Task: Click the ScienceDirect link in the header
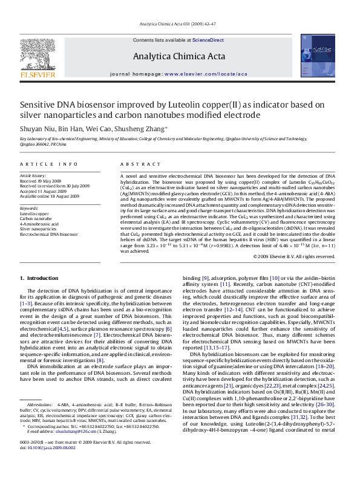coord(208,40)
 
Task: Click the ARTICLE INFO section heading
coord(49,164)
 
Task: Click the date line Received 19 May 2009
coord(41,181)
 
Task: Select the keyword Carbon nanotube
coord(36,219)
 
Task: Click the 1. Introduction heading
coord(39,278)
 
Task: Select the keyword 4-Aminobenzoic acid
coord(39,224)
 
